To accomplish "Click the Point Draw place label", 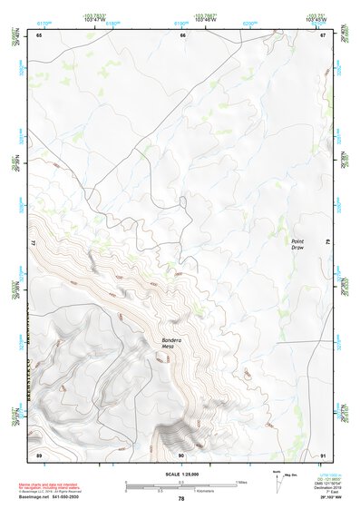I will pyautogui.click(x=298, y=244).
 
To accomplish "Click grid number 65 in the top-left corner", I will pyautogui.click(x=39, y=35).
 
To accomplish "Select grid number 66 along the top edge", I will pyautogui.click(x=182, y=35).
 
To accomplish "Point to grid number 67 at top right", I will pyautogui.click(x=322, y=35).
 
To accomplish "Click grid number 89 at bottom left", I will pyautogui.click(x=39, y=453).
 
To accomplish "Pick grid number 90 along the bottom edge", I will pyautogui.click(x=181, y=453).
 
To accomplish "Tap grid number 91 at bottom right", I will pyautogui.click(x=322, y=453).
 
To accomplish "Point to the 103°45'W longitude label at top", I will pyautogui.click(x=316, y=19).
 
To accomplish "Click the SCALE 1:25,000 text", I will pyautogui.click(x=182, y=474).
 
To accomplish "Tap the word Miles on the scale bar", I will pyautogui.click(x=239, y=482).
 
